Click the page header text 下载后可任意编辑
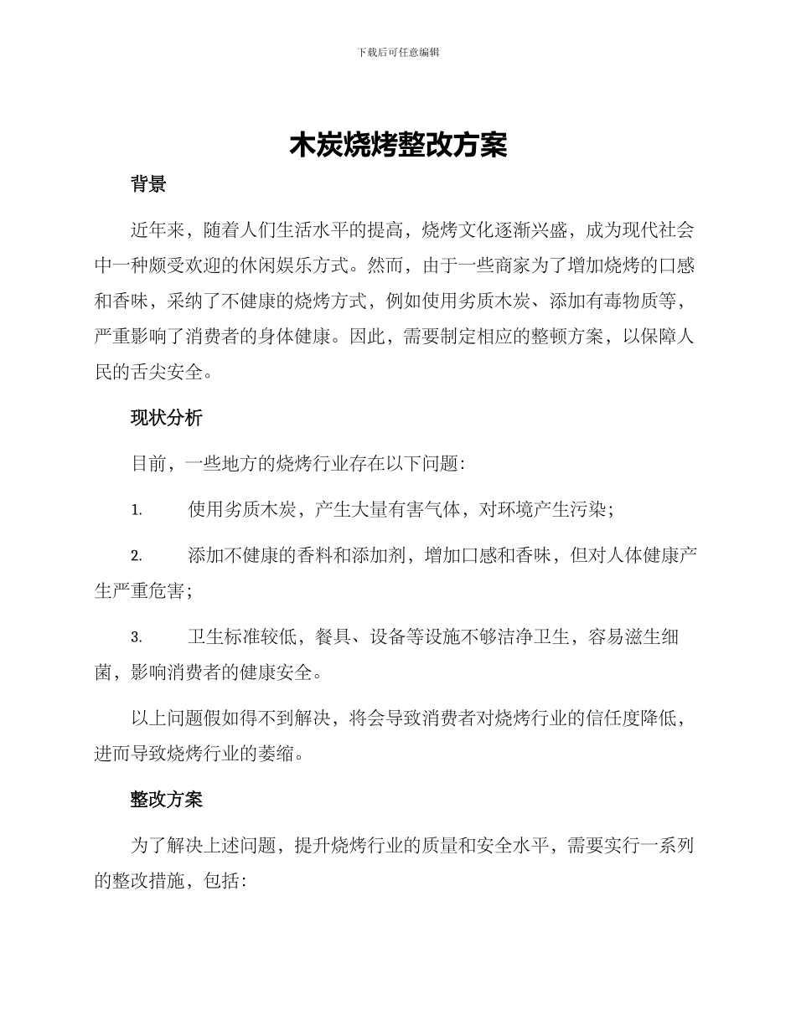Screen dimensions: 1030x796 click(x=398, y=52)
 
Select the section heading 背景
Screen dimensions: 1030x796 click(x=148, y=185)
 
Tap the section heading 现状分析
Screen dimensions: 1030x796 click(x=166, y=419)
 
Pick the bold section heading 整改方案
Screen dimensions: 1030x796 click(x=166, y=800)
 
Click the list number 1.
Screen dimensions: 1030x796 click(x=136, y=510)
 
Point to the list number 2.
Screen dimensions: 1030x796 click(x=136, y=556)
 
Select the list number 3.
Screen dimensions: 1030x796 click(x=136, y=638)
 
